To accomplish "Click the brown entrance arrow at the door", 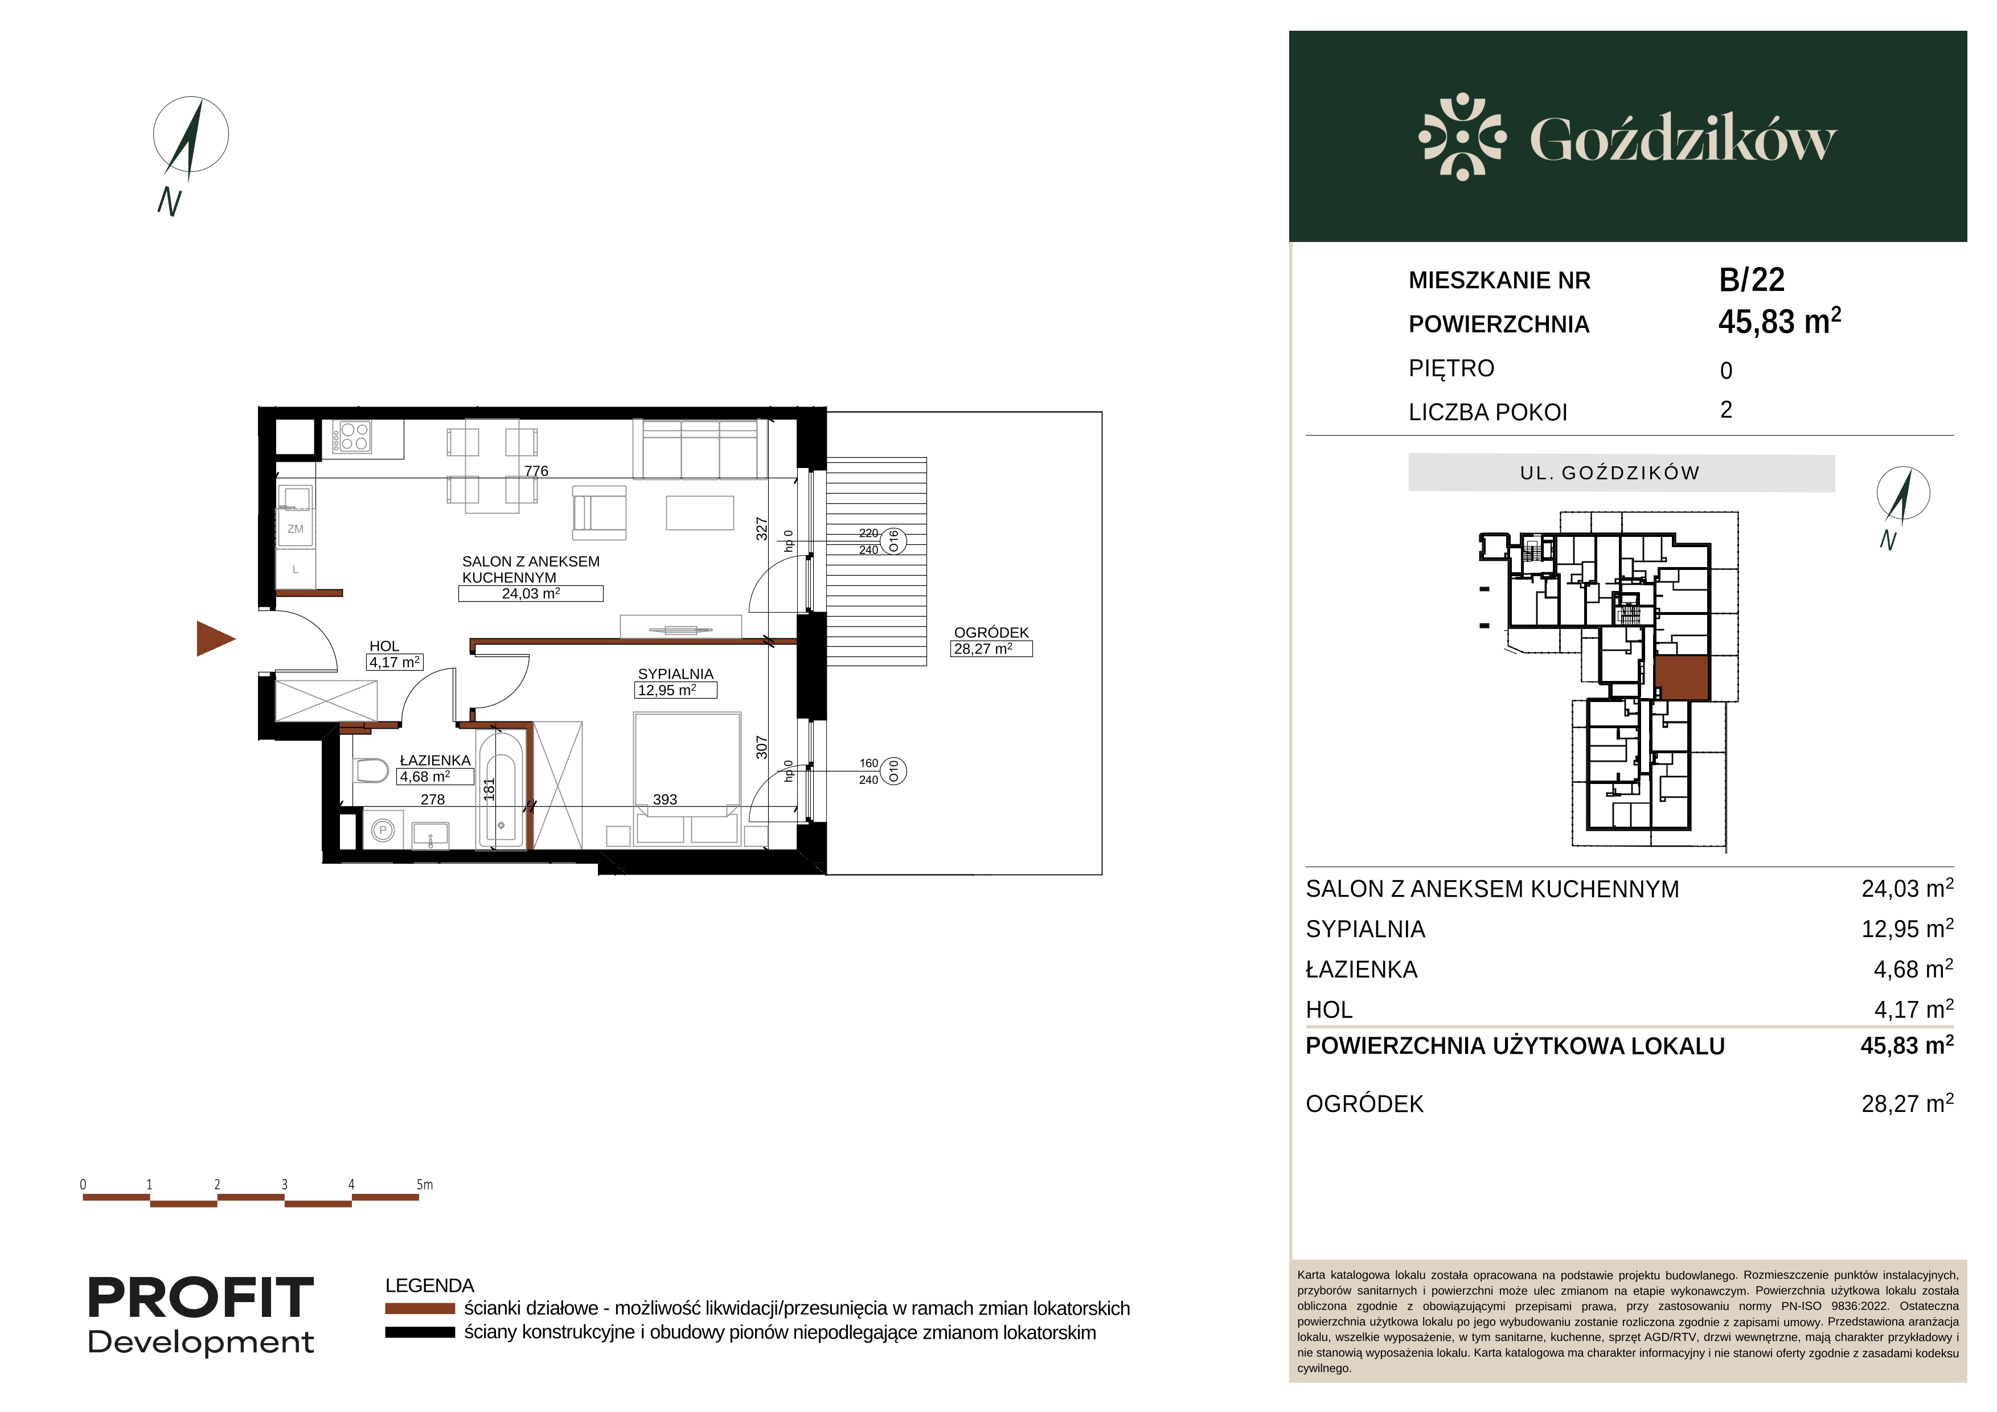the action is [214, 639].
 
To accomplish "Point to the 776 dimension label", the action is [536, 471].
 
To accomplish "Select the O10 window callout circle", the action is [893, 771].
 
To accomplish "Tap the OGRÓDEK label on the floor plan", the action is [991, 633].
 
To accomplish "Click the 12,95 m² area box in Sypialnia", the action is [676, 691].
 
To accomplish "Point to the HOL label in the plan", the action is [384, 646].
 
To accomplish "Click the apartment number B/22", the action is [1752, 280].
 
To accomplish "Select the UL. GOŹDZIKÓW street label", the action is [1610, 473].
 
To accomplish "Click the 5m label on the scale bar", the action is [424, 1184].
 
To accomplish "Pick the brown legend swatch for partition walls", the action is [420, 1308].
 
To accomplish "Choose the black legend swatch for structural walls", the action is [420, 1333].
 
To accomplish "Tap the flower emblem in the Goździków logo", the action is [1462, 137].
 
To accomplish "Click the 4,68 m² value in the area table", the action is [1913, 970].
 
